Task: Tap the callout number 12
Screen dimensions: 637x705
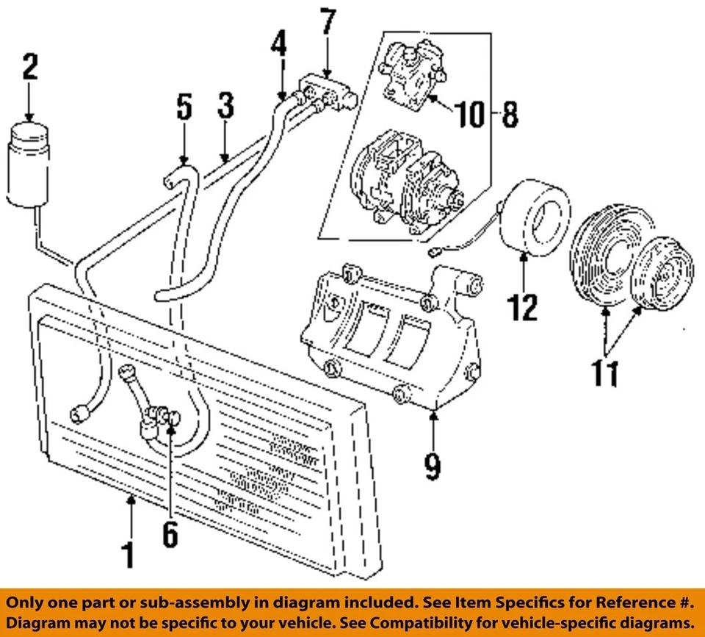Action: (524, 307)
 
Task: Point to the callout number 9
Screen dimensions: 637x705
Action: (433, 466)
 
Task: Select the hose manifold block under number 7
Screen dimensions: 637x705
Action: (328, 91)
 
